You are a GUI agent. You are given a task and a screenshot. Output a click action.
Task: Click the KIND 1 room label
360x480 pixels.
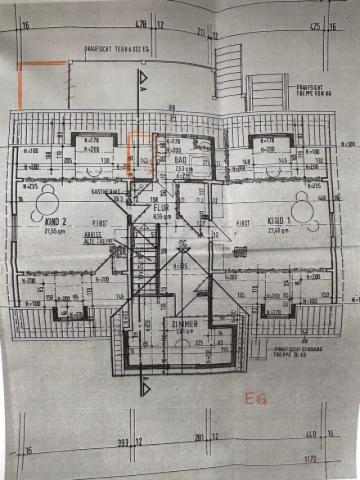(278, 219)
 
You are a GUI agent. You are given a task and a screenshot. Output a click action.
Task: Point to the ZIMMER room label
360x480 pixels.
(184, 325)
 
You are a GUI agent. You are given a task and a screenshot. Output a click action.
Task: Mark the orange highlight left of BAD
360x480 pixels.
(136, 146)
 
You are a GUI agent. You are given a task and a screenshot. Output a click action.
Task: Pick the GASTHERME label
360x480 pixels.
(105, 190)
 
